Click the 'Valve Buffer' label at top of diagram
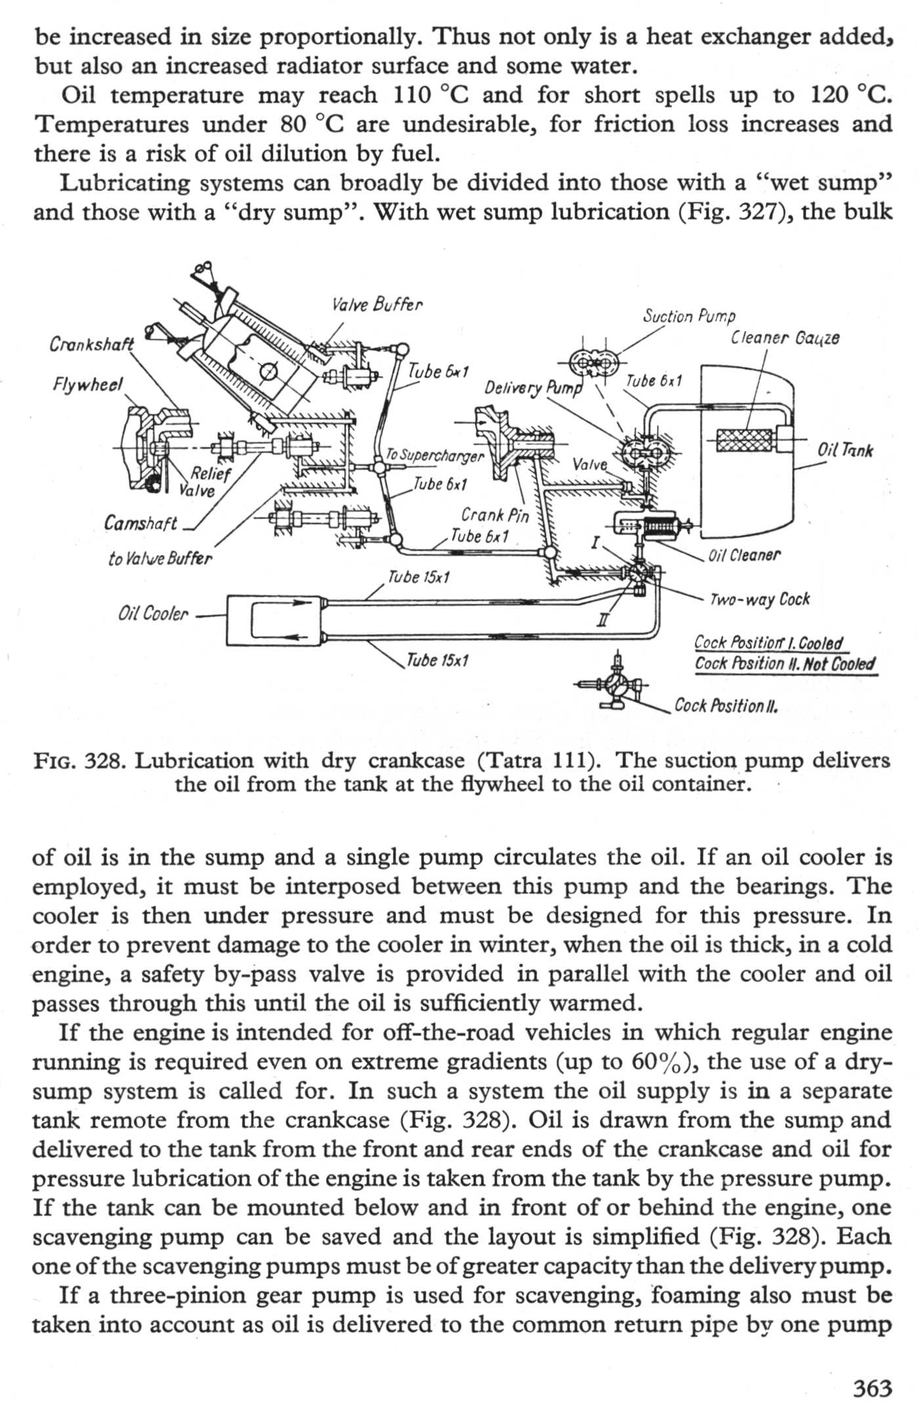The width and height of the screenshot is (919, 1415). coord(377,305)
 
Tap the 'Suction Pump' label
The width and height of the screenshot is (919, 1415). coord(689,317)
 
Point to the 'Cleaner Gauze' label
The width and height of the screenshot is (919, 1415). coord(784,338)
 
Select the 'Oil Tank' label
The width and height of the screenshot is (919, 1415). coord(845,450)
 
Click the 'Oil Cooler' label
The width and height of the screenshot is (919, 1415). coord(153,614)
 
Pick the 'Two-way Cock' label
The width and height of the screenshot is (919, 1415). coord(759,599)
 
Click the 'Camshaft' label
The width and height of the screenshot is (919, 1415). coord(140,523)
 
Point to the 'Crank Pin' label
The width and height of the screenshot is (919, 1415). coord(494,515)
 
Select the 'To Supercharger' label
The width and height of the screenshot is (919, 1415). coord(435,455)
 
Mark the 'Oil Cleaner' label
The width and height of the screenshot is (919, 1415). coord(744,555)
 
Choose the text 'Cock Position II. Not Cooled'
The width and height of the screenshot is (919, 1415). coord(785,664)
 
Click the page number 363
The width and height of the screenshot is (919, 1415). coord(872,1389)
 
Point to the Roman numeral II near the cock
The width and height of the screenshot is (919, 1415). coord(603,619)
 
